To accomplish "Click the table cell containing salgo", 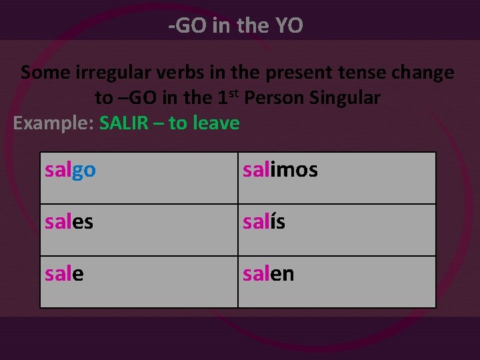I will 139,178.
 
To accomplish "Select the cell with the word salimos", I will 337,178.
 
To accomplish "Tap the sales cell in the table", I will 139,230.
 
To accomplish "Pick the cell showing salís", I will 337,230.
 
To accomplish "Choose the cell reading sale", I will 139,282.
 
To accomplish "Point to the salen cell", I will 337,282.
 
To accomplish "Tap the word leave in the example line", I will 215,123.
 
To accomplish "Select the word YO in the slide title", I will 289,26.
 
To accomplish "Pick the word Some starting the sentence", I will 42,73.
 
